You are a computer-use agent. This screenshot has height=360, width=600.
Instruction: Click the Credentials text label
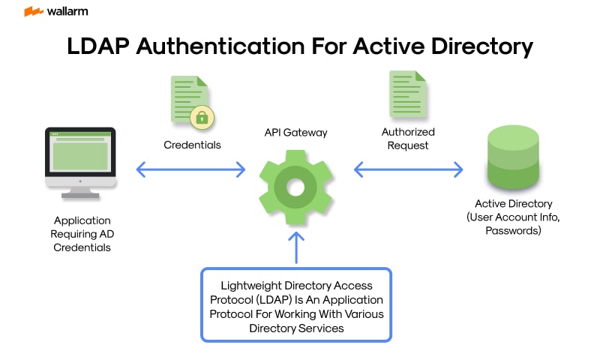[193, 145]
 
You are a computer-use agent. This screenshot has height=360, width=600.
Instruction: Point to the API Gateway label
[295, 132]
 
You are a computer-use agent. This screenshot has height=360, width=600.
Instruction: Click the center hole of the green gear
[295, 185]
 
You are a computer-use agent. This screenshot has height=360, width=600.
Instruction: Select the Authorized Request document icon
[407, 94]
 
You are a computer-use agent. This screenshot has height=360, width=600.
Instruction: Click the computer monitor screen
[80, 152]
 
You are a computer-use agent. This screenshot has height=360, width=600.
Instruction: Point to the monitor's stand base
[80, 194]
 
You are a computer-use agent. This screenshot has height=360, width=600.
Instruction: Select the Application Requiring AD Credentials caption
[82, 234]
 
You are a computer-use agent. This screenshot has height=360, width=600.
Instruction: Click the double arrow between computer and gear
[191, 169]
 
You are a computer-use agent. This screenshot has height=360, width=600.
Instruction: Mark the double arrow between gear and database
[409, 170]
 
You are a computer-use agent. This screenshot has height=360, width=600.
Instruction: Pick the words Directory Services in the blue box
[296, 328]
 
